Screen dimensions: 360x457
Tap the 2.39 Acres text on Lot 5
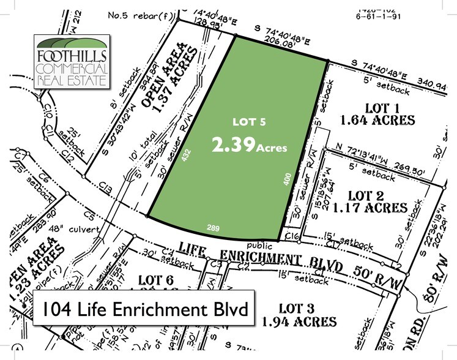[x=249, y=146]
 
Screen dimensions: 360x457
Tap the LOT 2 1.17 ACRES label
[x=377, y=202]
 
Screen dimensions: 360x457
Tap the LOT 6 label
[x=161, y=280]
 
